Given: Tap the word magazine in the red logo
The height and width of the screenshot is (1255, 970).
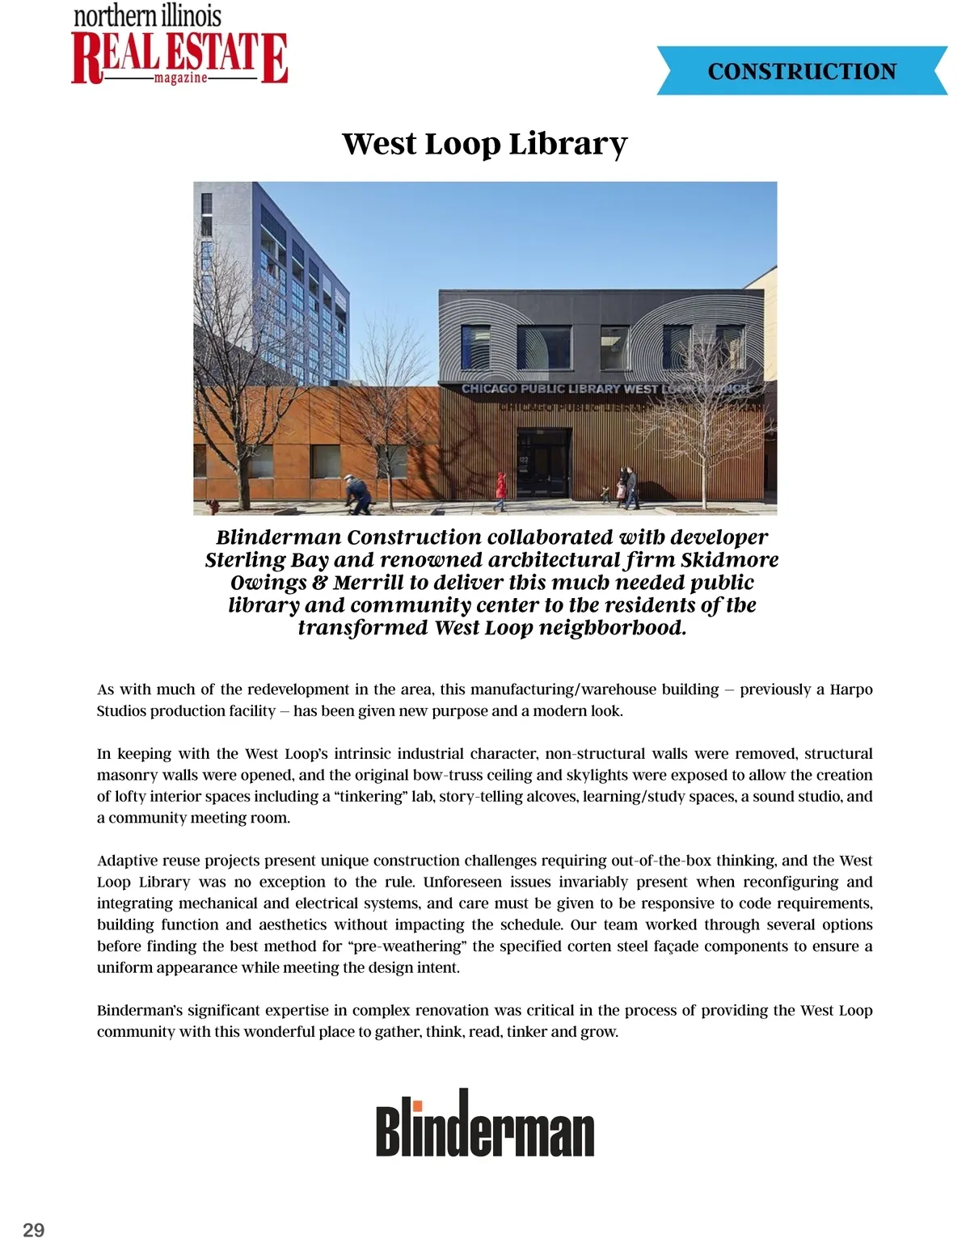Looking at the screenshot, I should [180, 78].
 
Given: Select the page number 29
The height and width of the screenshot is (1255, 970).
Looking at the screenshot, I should [34, 1230].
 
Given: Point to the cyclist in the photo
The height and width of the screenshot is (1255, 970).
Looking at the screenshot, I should [356, 494].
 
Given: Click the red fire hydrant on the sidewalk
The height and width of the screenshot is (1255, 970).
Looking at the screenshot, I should [213, 507].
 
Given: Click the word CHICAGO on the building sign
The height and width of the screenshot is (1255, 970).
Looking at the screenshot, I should [489, 389].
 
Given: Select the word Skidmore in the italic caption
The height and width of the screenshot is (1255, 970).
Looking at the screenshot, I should [729, 560].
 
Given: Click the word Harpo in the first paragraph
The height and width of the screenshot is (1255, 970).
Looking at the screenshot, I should [851, 689].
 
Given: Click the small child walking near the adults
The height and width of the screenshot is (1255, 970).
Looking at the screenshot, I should [605, 494].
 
